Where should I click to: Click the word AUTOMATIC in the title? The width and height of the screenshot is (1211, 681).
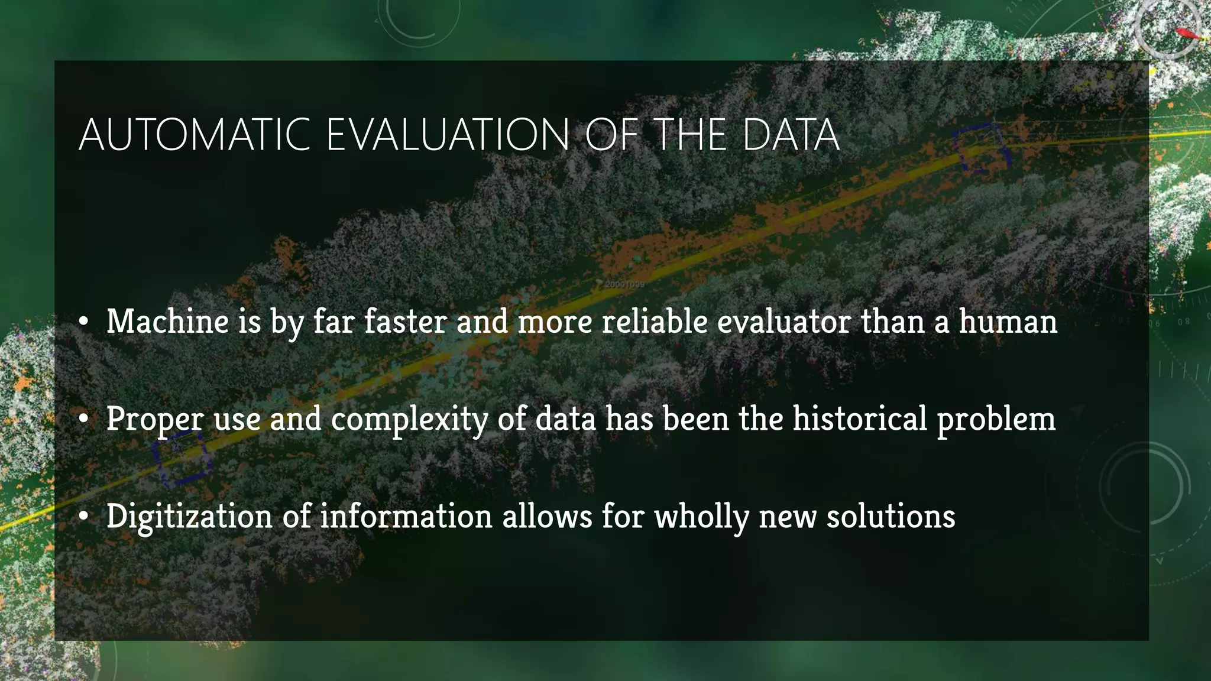point(195,135)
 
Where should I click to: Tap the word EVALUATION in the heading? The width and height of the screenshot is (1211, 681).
point(448,135)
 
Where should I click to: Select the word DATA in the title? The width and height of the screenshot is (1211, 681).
point(791,135)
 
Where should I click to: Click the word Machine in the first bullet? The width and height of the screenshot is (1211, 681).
point(167,322)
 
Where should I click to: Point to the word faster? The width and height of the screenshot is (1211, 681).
point(405,322)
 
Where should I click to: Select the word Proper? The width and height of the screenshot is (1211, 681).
point(155,420)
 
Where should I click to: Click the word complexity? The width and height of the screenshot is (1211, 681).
point(409,420)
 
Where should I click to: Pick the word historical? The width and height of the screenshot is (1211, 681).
point(860,419)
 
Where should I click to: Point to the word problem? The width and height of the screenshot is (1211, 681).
point(996,420)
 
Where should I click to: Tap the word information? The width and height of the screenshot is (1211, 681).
point(406,515)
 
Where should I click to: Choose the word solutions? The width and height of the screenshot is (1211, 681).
point(891,515)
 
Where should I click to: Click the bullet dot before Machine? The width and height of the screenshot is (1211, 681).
point(84,323)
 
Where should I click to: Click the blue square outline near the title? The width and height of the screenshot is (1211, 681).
point(980,148)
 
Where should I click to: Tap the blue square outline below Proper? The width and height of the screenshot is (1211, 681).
point(181,458)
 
